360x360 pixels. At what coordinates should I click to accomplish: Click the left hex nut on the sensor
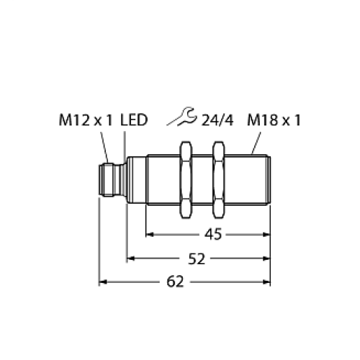click(x=186, y=179)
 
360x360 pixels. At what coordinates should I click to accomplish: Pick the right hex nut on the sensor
click(x=219, y=179)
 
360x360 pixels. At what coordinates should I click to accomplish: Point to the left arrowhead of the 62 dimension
click(x=103, y=282)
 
